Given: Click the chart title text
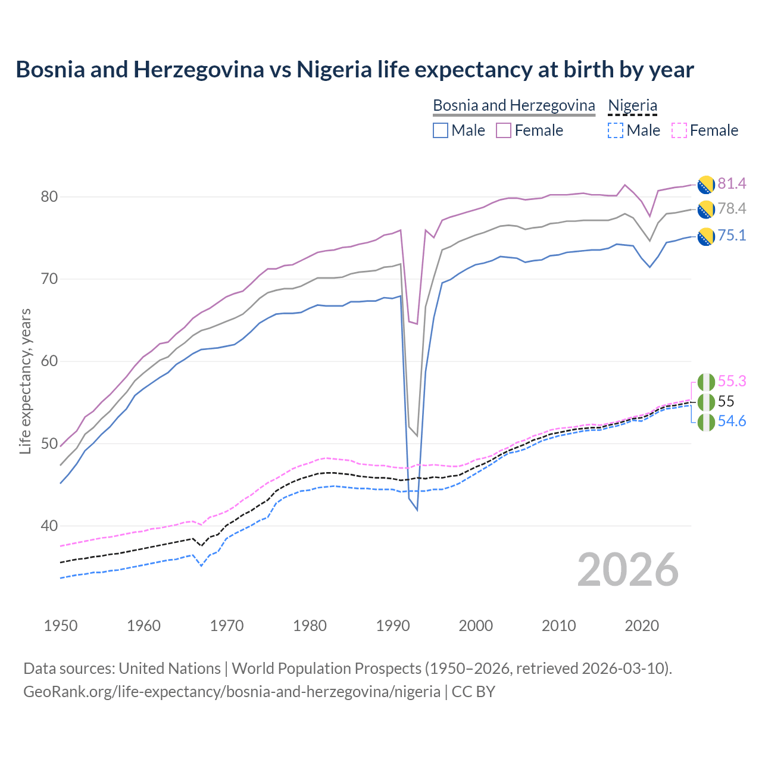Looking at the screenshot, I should coord(355,70).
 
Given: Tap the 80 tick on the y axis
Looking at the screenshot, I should coord(49,197).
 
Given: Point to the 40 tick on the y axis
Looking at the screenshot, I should coord(49,526).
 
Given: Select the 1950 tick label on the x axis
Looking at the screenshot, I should coord(61,626).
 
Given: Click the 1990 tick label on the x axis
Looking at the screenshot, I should coord(393,626).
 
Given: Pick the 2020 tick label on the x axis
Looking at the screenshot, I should coord(642,626).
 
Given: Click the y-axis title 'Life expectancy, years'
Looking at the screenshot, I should coord(26,381).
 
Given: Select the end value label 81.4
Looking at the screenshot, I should coord(732,183).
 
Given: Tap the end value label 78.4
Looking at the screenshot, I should coord(732,208).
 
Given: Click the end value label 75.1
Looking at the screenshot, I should coord(732,236).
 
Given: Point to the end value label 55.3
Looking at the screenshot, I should coord(732,381).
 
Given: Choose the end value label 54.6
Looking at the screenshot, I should coord(732,421).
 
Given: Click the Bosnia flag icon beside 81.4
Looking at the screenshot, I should coord(706,185).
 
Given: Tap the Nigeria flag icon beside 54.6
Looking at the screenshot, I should coord(706,422).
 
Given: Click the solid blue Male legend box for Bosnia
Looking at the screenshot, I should coord(441,130).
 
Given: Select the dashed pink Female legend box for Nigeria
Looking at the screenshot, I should coord(679,130).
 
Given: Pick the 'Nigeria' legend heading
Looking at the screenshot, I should coord(632,105).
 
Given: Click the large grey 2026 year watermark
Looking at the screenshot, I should coord(628,570).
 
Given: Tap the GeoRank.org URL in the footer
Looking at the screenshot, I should coord(232,692).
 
